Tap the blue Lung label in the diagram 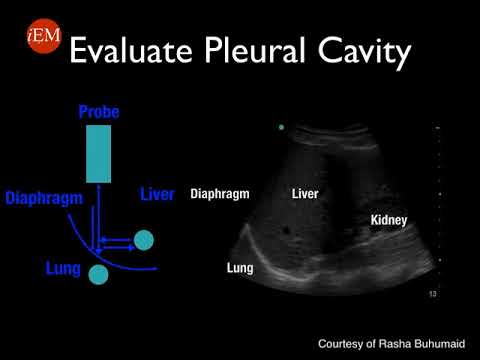click(63, 269)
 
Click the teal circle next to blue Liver click(144, 239)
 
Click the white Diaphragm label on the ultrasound click(219, 194)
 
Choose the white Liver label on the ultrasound click(304, 194)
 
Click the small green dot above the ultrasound click(283, 127)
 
